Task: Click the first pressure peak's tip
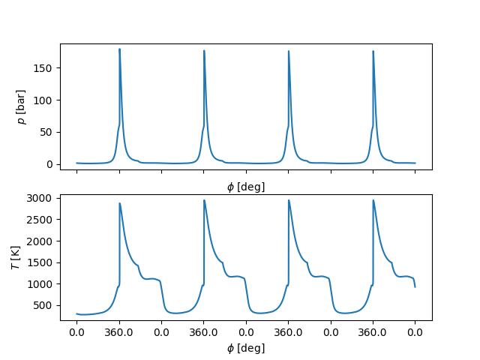coord(119,49)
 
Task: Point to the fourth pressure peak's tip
coord(373,51)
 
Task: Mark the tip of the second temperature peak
coord(204,200)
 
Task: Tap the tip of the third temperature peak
coord(289,200)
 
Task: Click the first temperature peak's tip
coord(119,203)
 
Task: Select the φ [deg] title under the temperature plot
coord(246,348)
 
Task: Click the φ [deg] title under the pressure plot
coord(246,187)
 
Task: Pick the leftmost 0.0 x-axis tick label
coord(76,332)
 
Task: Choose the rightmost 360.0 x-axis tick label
coord(373,332)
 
